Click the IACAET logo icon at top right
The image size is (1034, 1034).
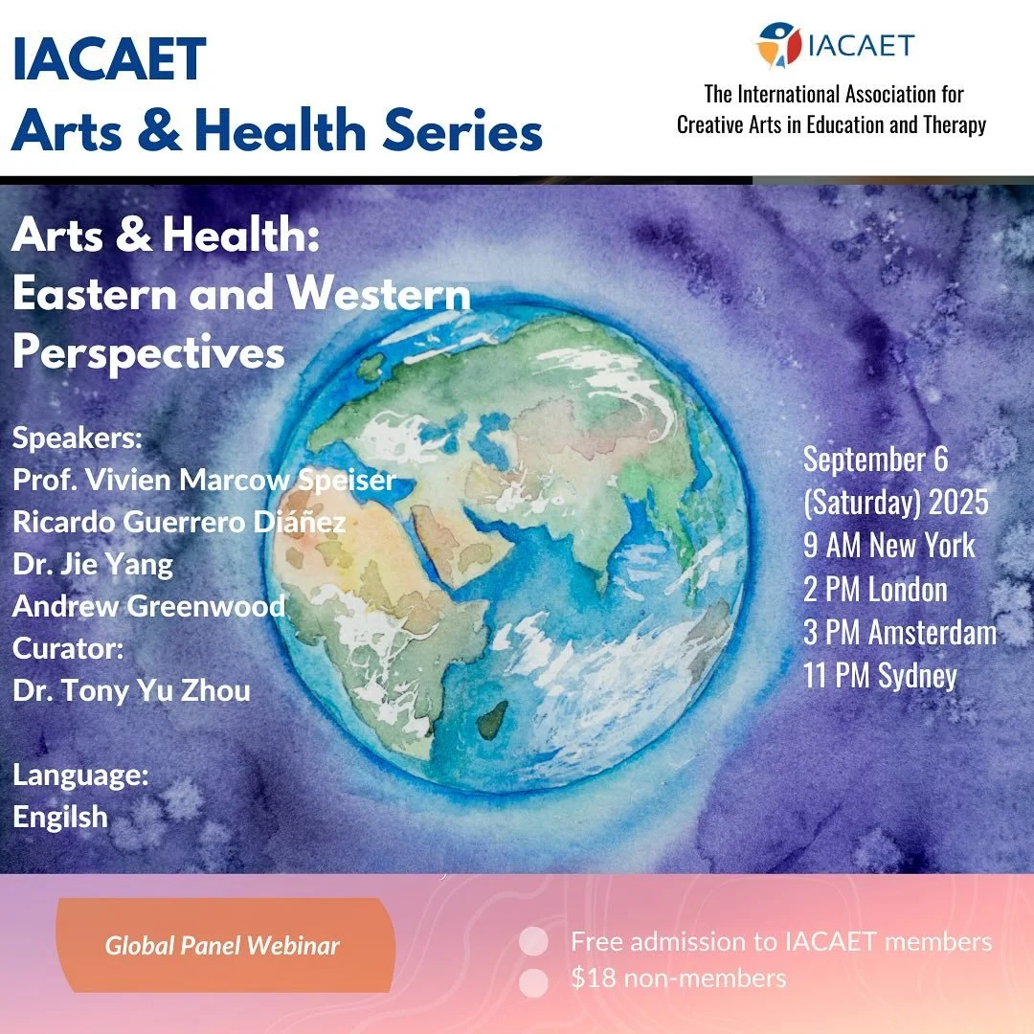(777, 45)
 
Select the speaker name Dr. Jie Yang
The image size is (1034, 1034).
(93, 565)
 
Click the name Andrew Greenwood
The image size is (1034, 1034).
(149, 606)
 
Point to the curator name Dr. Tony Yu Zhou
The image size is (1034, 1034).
(131, 690)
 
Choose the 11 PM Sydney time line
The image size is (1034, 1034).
(880, 676)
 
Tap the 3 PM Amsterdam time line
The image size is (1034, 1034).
(899, 633)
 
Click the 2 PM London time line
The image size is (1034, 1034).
(875, 590)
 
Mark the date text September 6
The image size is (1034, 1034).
(875, 460)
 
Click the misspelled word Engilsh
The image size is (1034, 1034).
(60, 817)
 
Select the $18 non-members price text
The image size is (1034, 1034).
(678, 978)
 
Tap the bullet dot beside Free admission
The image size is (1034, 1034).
(534, 942)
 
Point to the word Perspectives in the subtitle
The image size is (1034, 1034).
(149, 353)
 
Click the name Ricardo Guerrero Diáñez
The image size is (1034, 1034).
(179, 523)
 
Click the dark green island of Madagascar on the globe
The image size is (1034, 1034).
(493, 716)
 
